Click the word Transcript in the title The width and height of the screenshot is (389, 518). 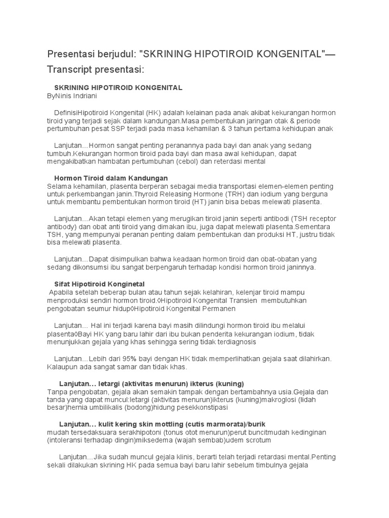[72, 69]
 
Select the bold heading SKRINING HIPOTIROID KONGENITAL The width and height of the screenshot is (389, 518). [118, 88]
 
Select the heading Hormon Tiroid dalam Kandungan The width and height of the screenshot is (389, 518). [111, 178]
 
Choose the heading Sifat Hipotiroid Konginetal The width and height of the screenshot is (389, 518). [99, 284]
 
